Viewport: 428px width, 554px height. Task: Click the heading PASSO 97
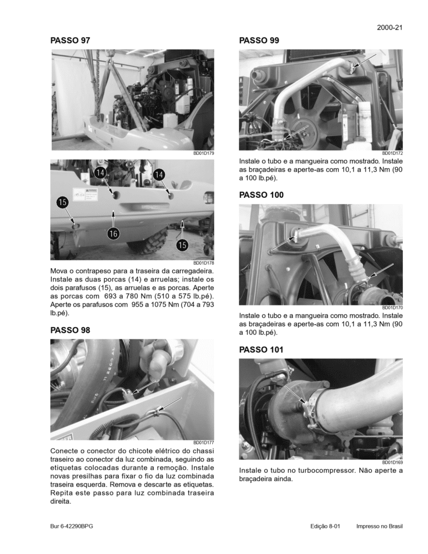point(70,40)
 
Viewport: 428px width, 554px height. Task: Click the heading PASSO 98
point(70,330)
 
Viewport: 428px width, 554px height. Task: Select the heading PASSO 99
point(259,40)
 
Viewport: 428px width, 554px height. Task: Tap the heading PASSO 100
point(261,195)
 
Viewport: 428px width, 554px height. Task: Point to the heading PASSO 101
point(261,349)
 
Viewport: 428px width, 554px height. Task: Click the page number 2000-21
point(390,27)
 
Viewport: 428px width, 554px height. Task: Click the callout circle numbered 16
point(114,232)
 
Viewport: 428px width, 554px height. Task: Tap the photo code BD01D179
point(203,153)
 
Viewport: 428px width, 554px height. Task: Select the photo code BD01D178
point(203,263)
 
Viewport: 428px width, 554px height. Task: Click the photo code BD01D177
point(203,443)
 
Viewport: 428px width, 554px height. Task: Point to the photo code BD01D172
point(392,153)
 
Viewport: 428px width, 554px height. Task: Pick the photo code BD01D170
point(392,308)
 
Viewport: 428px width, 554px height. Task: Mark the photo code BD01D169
point(392,462)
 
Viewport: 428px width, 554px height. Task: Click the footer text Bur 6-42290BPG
point(72,526)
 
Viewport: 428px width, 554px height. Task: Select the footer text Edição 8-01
point(325,526)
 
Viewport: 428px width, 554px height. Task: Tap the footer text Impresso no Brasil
point(379,526)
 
